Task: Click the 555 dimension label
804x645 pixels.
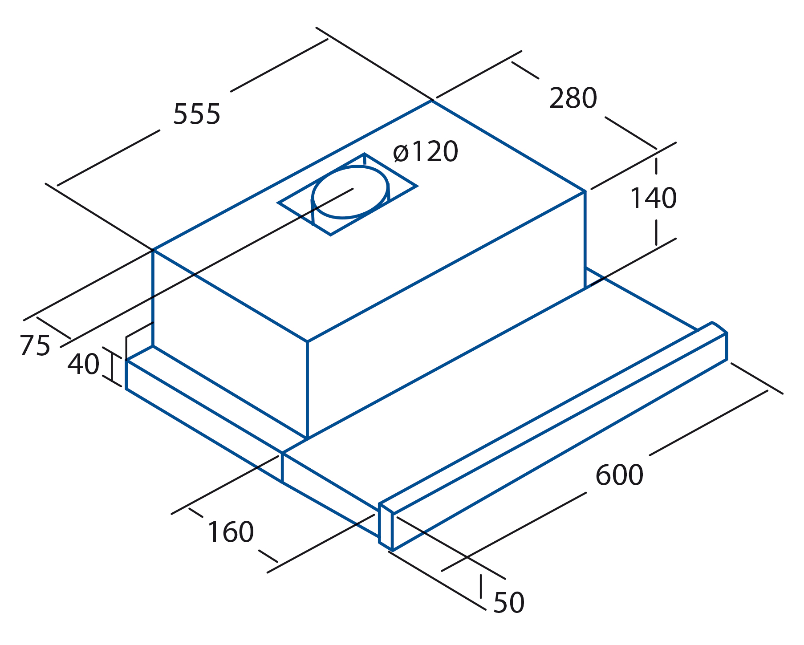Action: pos(196,114)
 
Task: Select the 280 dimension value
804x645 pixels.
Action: pos(573,98)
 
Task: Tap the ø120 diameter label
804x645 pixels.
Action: pos(425,151)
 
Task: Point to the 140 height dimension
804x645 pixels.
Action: pos(653,198)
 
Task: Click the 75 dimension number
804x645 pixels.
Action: pos(35,345)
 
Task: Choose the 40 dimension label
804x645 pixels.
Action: pos(83,364)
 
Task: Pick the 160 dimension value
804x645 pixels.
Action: pos(231,532)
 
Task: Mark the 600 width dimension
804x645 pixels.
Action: pos(619,475)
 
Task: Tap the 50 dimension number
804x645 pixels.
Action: pos(509,603)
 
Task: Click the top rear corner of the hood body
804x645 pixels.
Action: pos(431,101)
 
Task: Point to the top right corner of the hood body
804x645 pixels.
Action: pos(585,191)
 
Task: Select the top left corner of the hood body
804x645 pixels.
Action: pos(153,250)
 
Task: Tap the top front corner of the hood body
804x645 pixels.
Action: pos(307,341)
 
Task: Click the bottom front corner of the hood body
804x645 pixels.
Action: pos(307,439)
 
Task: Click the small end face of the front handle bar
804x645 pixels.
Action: pos(386,527)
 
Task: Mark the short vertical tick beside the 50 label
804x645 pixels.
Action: pos(481,586)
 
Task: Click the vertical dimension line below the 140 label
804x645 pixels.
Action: pos(656,232)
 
